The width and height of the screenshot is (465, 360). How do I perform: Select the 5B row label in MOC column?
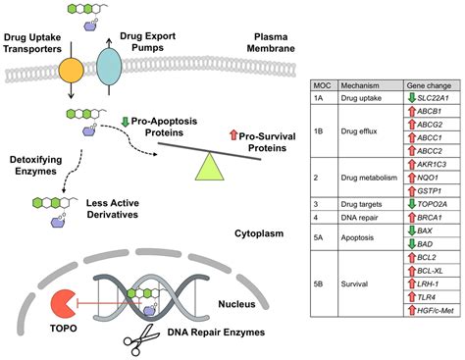[321, 288]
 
